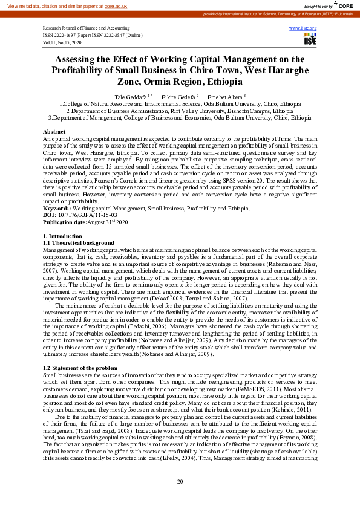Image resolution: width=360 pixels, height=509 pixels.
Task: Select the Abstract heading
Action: (54, 131)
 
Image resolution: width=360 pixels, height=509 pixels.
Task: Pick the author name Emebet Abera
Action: (224, 97)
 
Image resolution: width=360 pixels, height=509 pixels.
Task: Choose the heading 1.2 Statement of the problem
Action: (80, 368)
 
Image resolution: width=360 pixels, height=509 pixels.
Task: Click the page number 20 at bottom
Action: (180, 481)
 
